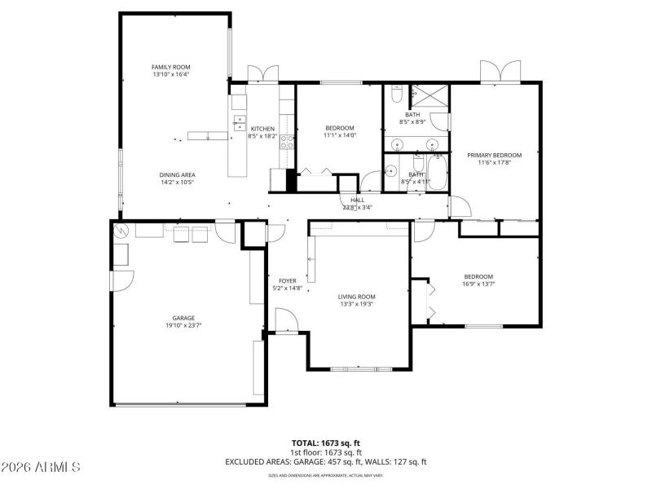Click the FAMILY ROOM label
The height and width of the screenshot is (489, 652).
pyautogui.click(x=170, y=67)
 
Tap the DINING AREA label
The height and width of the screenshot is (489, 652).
pyautogui.click(x=176, y=174)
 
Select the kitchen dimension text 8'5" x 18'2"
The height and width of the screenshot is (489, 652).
pyautogui.click(x=262, y=136)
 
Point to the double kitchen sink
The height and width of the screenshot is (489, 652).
pyautogui.click(x=239, y=123)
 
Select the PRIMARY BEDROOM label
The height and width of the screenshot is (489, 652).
pyautogui.click(x=494, y=154)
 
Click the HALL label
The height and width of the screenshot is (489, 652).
pyautogui.click(x=357, y=200)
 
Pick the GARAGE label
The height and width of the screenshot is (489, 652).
pyautogui.click(x=183, y=318)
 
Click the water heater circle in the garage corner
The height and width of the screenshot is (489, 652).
pyautogui.click(x=122, y=231)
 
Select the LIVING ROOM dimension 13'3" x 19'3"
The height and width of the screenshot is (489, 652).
pyautogui.click(x=357, y=305)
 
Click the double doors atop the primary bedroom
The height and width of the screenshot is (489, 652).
pyautogui.click(x=498, y=72)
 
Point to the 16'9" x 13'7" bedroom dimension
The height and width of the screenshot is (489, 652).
pyautogui.click(x=478, y=284)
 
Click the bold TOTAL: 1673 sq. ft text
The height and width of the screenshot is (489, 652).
pyautogui.click(x=326, y=443)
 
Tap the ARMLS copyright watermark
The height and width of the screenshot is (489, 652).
pyautogui.click(x=41, y=467)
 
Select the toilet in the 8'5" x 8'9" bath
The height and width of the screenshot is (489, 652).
pyautogui.click(x=395, y=97)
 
